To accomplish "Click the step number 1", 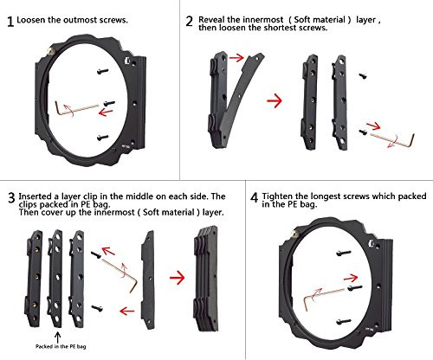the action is pos(10,22).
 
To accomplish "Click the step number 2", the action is pos(190,22).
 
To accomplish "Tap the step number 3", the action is pos(11,198).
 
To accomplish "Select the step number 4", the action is pos(254,198).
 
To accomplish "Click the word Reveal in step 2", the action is pos(212,20).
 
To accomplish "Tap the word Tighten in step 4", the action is pos(277,196).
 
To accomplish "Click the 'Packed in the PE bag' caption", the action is pos(61,346).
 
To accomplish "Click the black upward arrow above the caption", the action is pos(58,337).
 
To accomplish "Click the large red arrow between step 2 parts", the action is pos(275,101).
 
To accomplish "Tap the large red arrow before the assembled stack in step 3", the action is pos(177,278).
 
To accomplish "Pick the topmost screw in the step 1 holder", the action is pos(103,71).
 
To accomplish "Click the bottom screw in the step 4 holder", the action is pos(344,321).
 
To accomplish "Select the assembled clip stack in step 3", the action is pos(206,279).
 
